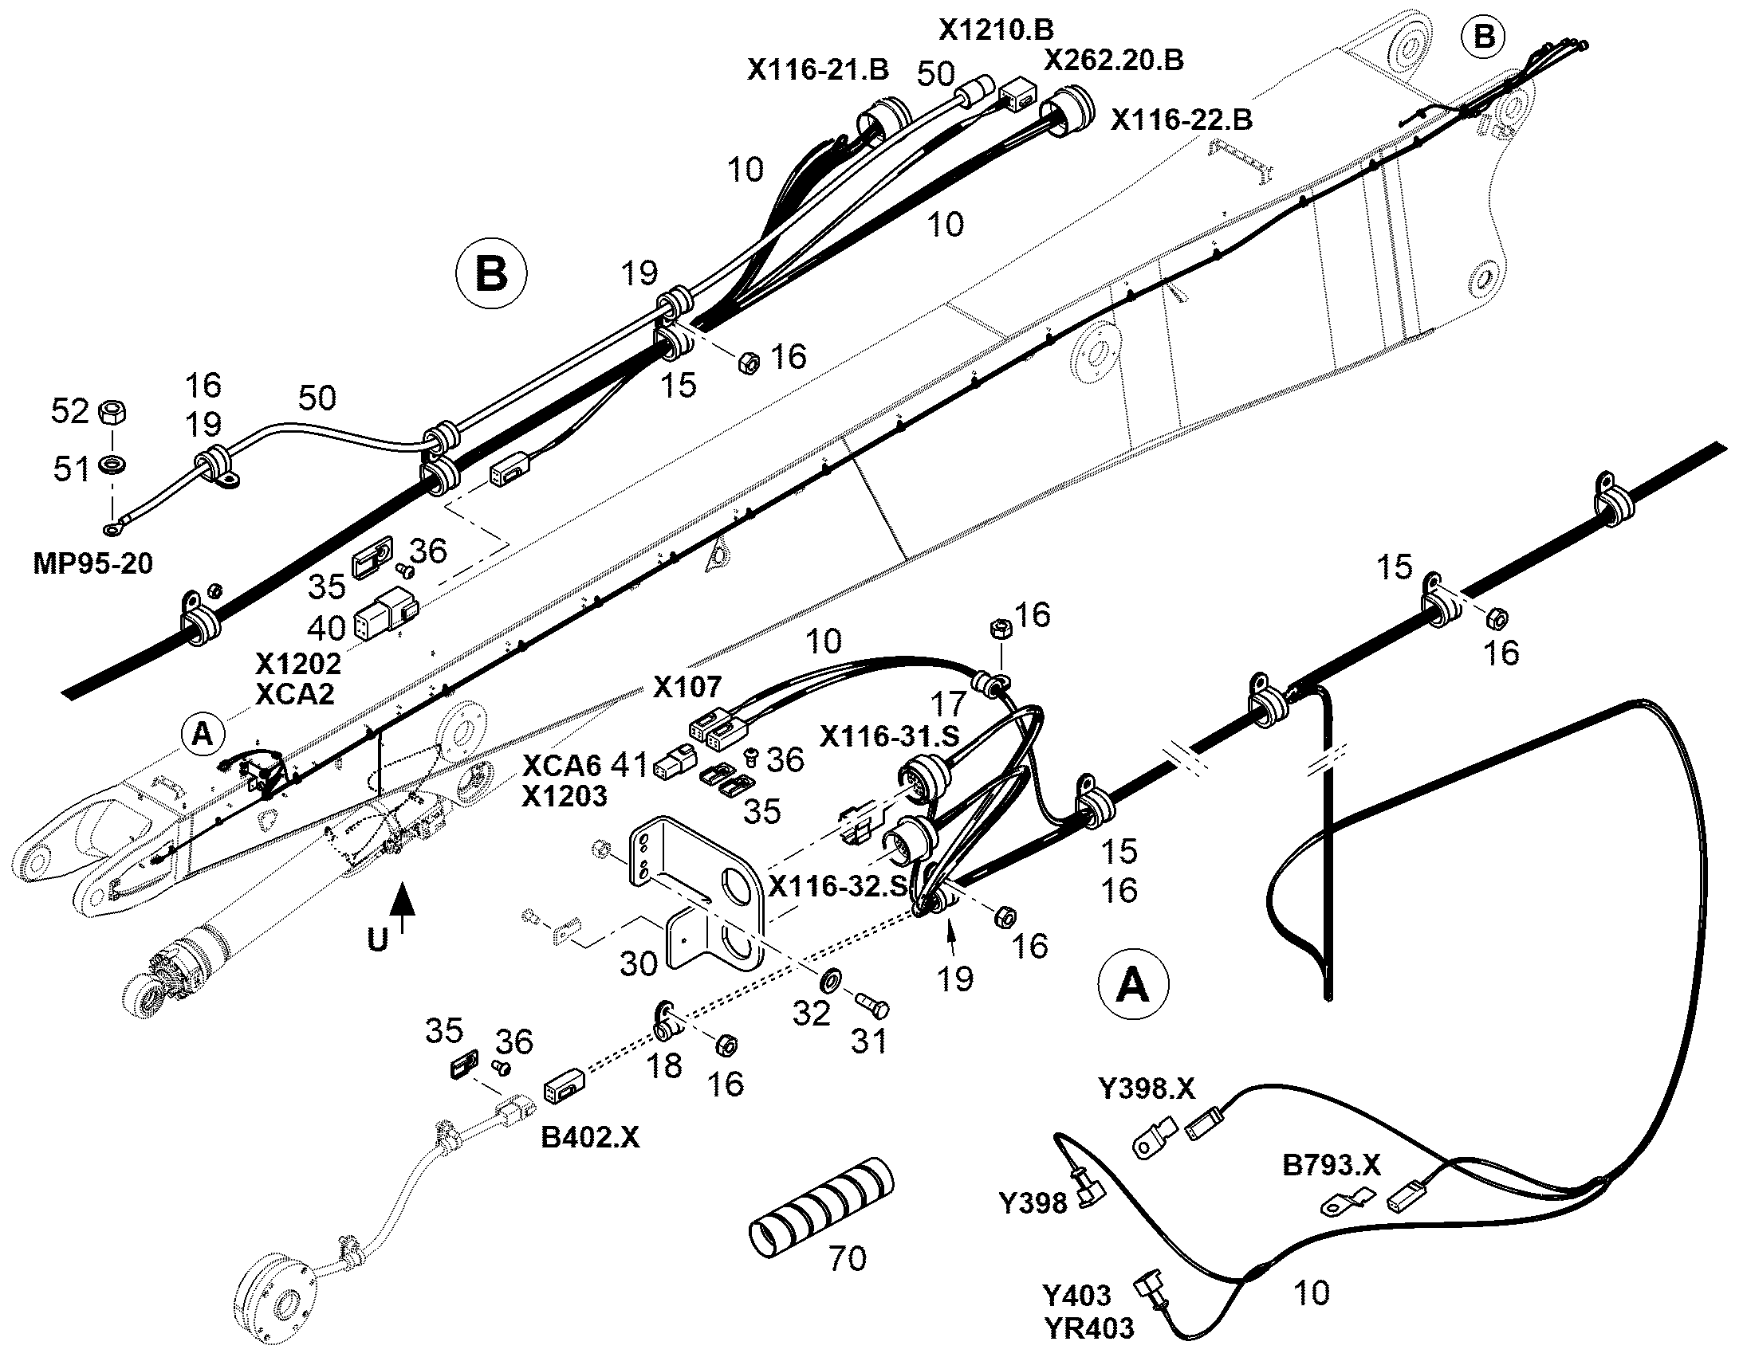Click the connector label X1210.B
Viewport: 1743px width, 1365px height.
tap(996, 29)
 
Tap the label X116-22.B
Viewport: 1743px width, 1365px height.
tap(1182, 120)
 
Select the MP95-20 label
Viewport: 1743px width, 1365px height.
tap(92, 563)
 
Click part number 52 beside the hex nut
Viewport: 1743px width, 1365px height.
tap(69, 411)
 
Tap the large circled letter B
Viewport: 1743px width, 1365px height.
tap(491, 274)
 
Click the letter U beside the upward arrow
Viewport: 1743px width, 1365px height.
tap(377, 940)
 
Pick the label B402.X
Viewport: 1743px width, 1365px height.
tap(590, 1136)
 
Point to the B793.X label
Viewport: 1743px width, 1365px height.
tap(1332, 1165)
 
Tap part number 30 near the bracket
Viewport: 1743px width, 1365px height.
tap(639, 964)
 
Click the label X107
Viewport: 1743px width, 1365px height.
tap(687, 687)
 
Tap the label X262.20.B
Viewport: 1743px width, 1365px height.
tap(1115, 60)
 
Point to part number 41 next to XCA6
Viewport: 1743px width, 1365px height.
tap(629, 764)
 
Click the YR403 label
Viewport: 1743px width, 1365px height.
tap(1089, 1328)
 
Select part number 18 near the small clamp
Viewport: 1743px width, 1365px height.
tap(665, 1065)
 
